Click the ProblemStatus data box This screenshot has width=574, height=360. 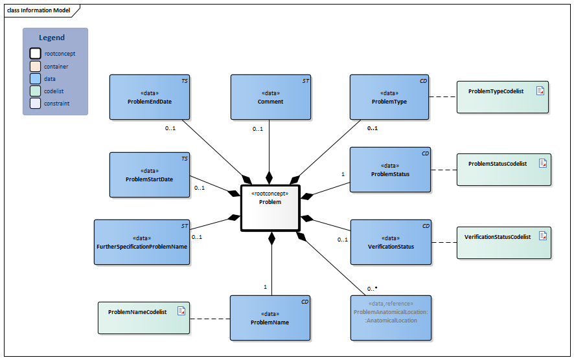tap(390, 170)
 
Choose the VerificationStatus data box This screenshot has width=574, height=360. tap(391, 242)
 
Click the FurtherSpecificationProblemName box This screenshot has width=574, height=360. tap(142, 242)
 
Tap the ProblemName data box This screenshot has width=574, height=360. tap(270, 318)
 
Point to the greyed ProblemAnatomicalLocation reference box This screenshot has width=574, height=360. tap(391, 317)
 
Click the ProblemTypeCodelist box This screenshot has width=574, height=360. tap(503, 97)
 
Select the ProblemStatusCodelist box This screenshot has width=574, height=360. tap(503, 170)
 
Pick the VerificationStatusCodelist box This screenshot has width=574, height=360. tap(503, 243)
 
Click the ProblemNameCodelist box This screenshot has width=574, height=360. tap(144, 318)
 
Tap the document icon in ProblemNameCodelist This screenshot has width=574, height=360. tap(181, 311)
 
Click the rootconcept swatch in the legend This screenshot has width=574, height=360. tap(35, 54)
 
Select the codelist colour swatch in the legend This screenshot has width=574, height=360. tap(35, 91)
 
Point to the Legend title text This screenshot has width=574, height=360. tap(52, 38)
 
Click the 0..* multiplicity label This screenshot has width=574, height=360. tap(372, 288)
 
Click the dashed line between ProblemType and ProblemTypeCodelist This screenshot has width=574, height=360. tap(443, 97)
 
